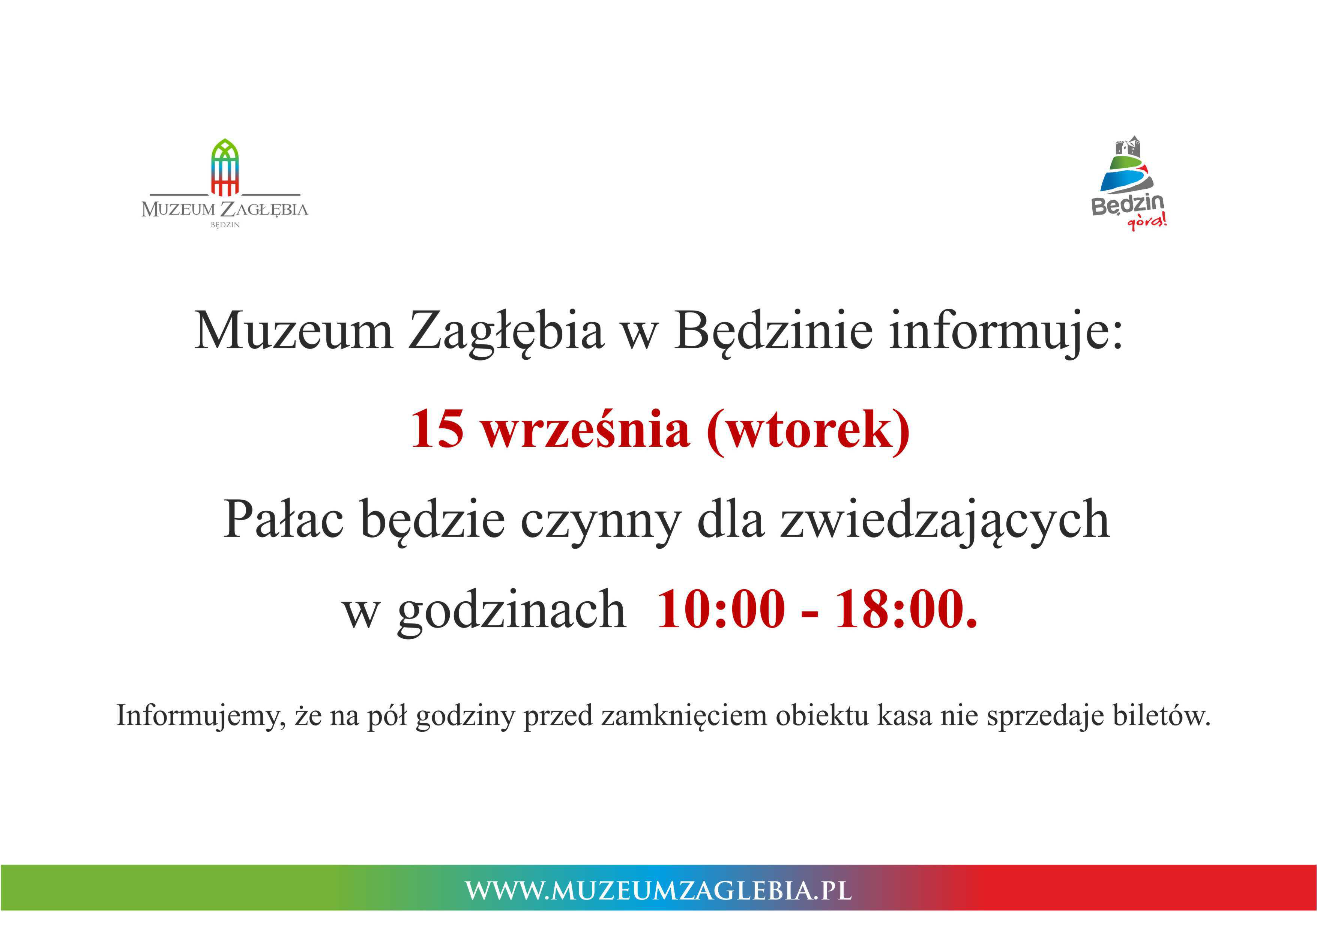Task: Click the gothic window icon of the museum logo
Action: tap(225, 167)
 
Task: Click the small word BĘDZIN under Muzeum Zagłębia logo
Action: tap(225, 225)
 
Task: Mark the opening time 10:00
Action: tap(721, 609)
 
